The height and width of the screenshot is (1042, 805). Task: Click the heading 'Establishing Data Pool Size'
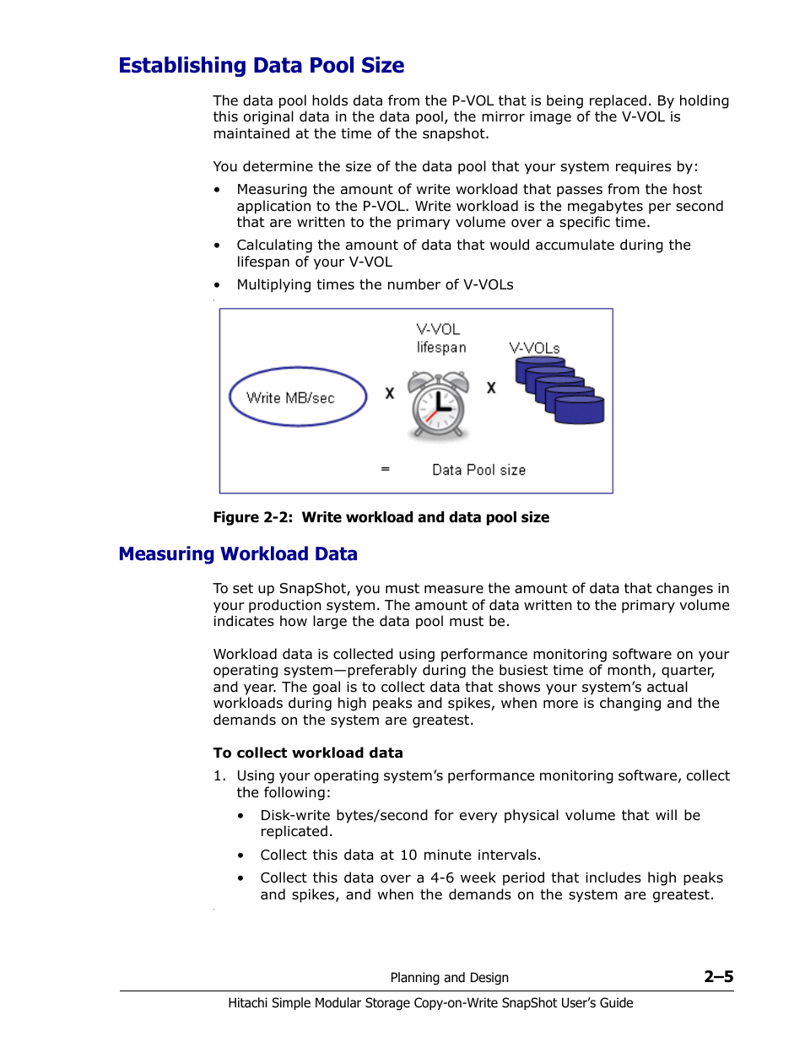[x=262, y=66]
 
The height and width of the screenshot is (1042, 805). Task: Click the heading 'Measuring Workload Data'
[x=238, y=554]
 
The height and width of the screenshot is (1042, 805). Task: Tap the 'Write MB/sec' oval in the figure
[x=298, y=397]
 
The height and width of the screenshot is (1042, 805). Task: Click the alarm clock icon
[x=438, y=406]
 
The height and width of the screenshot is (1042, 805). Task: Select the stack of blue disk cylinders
[x=559, y=391]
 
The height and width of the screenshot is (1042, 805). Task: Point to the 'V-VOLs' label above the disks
[x=534, y=348]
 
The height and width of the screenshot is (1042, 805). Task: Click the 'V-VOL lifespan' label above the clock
[x=440, y=338]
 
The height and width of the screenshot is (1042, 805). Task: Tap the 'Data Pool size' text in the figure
[x=478, y=470]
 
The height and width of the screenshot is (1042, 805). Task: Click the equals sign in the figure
[x=386, y=469]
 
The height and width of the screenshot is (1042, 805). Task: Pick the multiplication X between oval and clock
[x=390, y=393]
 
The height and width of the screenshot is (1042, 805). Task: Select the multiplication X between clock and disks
[x=491, y=388]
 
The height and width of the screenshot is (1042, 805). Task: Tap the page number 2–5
[x=718, y=977]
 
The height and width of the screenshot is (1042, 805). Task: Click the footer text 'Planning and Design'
[x=449, y=978]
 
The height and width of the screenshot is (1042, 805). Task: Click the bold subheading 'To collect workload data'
[x=308, y=753]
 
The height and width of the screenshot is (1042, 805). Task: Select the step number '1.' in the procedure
[x=219, y=776]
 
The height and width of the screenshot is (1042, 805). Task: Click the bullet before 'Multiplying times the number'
[x=217, y=286]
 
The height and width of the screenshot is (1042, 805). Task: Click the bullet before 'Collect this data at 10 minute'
[x=240, y=856]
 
